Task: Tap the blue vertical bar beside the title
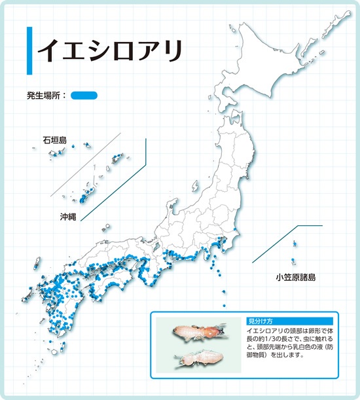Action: pyautogui.click(x=29, y=51)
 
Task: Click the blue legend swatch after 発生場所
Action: pyautogui.click(x=84, y=96)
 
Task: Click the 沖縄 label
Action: pyautogui.click(x=67, y=216)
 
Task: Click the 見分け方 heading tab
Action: pyautogui.click(x=259, y=321)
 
